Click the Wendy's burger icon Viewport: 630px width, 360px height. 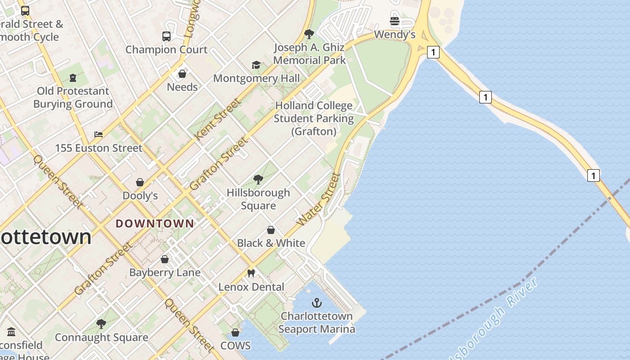point(395,21)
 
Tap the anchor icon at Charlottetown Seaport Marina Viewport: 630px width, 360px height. point(317,303)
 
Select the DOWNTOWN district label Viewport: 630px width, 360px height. point(155,223)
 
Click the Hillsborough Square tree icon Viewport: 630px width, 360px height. point(258,180)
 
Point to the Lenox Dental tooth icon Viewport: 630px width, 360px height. point(251,273)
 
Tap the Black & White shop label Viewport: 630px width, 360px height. point(271,243)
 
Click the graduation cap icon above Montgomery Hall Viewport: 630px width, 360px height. point(256,65)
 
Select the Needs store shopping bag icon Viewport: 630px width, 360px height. point(182,73)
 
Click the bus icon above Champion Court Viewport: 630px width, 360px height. point(166,36)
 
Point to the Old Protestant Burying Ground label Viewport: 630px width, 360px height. point(73,98)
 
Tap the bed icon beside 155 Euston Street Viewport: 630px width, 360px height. point(99,134)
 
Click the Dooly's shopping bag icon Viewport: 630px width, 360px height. point(140,182)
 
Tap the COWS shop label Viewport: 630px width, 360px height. point(235,346)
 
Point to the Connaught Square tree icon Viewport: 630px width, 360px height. point(101,324)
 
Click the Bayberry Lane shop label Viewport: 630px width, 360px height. point(165,272)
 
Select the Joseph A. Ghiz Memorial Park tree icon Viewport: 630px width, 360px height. point(309,34)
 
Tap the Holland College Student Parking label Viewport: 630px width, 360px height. point(314,118)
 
